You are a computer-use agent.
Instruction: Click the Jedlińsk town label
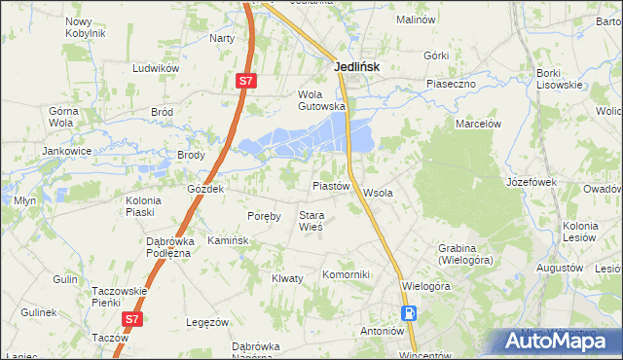click(356, 67)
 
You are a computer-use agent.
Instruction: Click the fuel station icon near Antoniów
click(411, 313)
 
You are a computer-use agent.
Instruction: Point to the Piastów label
click(330, 185)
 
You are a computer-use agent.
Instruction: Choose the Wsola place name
click(378, 193)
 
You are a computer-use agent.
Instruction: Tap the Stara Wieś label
click(311, 221)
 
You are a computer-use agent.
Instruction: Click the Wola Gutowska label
click(321, 100)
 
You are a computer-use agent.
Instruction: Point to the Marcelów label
click(478, 124)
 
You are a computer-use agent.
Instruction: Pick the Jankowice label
click(66, 152)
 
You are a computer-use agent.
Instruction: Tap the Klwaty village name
click(287, 278)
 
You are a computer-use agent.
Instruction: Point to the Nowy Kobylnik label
click(85, 26)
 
